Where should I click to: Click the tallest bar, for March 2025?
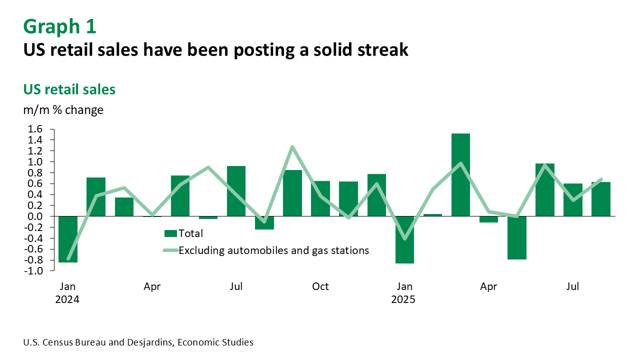[460, 175]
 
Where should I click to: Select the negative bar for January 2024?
[68, 239]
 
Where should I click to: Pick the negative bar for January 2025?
[404, 239]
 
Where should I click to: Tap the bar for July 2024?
[236, 191]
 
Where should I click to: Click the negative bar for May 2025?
[517, 237]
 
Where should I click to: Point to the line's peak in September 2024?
[292, 147]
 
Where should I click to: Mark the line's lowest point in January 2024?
[68, 259]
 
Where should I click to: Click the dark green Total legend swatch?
[170, 233]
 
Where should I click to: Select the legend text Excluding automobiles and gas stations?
[273, 250]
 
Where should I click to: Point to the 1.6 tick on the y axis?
[35, 129]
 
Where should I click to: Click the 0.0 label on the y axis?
[35, 216]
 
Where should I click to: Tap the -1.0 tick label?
[33, 271]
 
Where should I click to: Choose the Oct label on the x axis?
[320, 286]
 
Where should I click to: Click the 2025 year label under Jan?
[403, 299]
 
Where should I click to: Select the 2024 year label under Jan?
[67, 299]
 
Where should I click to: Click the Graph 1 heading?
[59, 26]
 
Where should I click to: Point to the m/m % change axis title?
[63, 110]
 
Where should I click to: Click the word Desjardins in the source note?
[150, 342]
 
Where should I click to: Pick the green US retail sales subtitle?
[69, 89]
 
